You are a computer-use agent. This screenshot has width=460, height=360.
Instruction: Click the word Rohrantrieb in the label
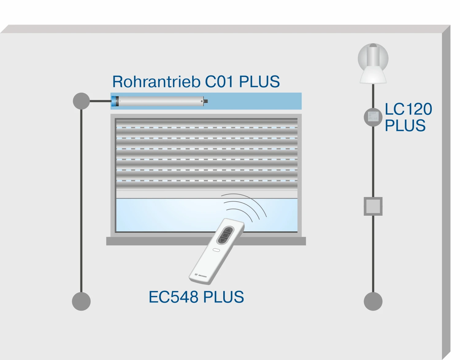[156, 81]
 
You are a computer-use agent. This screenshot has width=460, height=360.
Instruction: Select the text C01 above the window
[219, 81]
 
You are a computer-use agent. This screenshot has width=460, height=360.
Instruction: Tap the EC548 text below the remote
[174, 297]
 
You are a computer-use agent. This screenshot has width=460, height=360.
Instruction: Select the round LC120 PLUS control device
[373, 117]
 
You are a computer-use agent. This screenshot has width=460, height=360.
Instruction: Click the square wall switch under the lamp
[373, 206]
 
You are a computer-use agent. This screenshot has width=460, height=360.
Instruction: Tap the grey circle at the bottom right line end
[373, 301]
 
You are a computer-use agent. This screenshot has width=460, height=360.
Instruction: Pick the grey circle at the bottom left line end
[81, 301]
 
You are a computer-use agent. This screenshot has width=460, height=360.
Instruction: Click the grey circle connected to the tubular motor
[81, 101]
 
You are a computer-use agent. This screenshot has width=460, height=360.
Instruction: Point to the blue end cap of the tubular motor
[115, 101]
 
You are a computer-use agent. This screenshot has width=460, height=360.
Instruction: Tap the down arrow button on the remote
[222, 240]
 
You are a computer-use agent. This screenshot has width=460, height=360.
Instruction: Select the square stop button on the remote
[225, 235]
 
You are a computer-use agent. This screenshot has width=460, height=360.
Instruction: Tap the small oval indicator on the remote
[216, 250]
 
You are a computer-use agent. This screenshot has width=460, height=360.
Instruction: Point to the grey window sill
[206, 241]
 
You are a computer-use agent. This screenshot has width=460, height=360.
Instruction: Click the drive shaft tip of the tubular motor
[206, 101]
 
